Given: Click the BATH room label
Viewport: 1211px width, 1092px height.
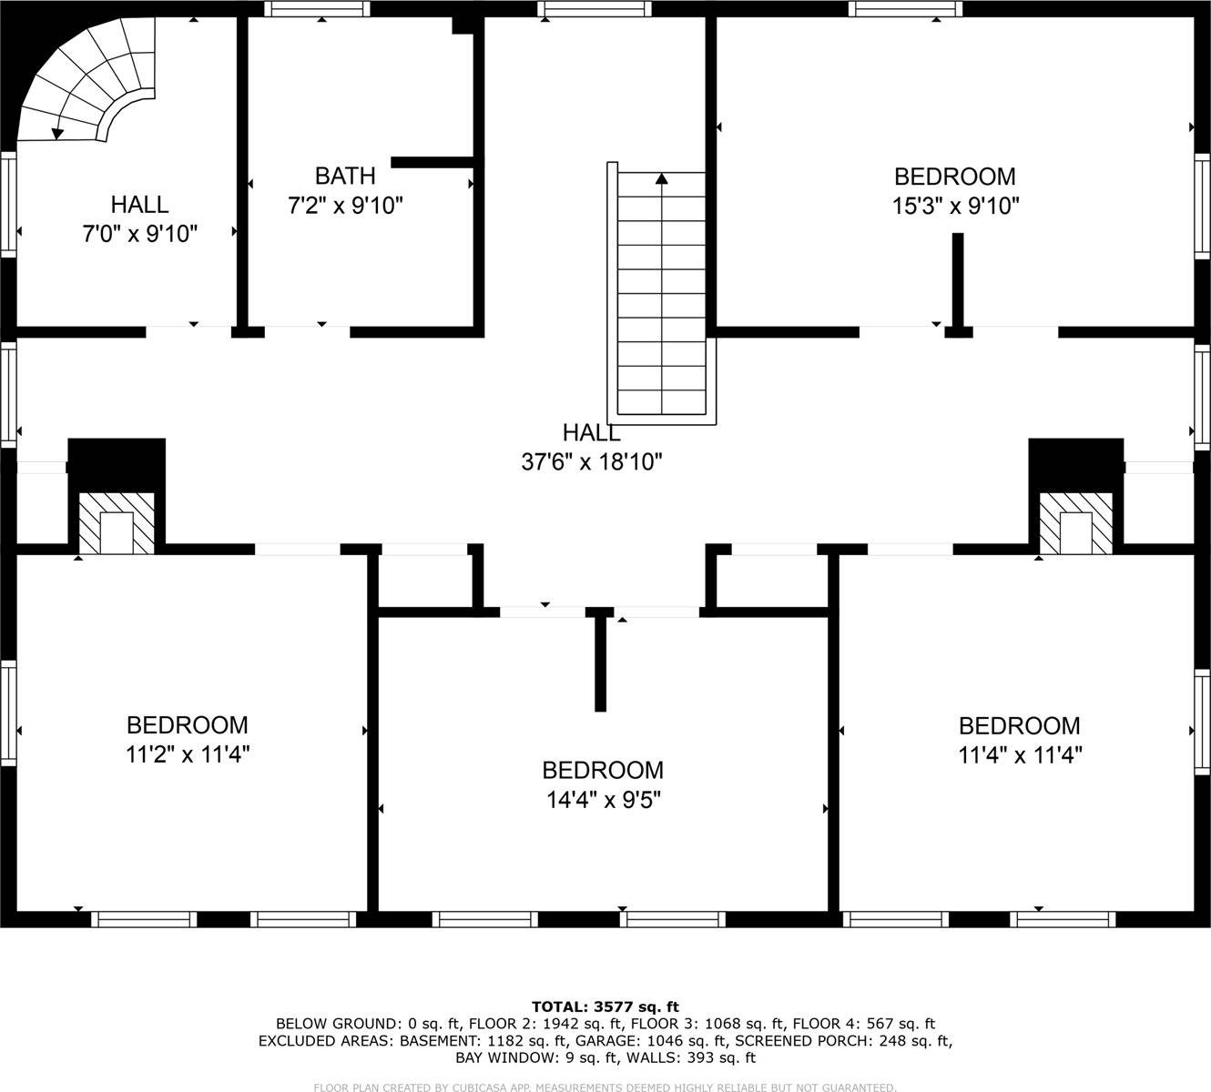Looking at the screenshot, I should (345, 176).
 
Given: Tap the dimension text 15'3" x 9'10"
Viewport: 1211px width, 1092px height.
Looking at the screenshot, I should (954, 207).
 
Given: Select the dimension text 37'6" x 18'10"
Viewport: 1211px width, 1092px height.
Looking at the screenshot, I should (591, 462).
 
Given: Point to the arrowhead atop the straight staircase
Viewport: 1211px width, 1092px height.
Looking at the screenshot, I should (661, 179).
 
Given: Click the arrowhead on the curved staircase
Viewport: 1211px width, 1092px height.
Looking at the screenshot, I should (58, 134).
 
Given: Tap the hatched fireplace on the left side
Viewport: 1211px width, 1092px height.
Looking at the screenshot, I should (116, 524).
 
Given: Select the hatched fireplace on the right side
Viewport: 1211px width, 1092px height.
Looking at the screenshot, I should (1076, 524).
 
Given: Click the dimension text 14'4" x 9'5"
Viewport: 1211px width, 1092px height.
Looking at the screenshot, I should (603, 800).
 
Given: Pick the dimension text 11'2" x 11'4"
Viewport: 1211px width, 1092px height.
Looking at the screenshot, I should (188, 754).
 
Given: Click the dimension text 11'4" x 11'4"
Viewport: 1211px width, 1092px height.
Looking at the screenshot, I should (1019, 755).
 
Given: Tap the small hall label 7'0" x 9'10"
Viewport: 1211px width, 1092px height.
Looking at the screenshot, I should (139, 235).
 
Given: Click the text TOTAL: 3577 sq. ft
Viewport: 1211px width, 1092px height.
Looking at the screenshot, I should (605, 1006).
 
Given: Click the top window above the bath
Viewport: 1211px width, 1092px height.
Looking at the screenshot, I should (318, 10).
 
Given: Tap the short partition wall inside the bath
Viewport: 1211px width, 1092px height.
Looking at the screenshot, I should (431, 163).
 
